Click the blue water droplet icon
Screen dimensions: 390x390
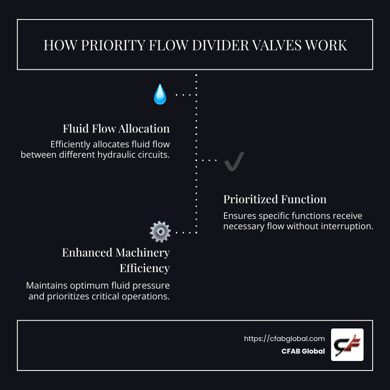pos(160,94)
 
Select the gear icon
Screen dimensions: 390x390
pos(160,232)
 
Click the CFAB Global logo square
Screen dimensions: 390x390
pos(347,344)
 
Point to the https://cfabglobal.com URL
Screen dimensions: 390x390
pos(284,339)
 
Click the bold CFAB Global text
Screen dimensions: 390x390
pos(303,351)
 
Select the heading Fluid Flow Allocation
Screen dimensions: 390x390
pos(116,129)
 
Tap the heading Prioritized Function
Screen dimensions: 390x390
pos(275,199)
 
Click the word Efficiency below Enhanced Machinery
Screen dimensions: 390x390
pos(144,268)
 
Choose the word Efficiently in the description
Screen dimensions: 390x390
pos(72,144)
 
